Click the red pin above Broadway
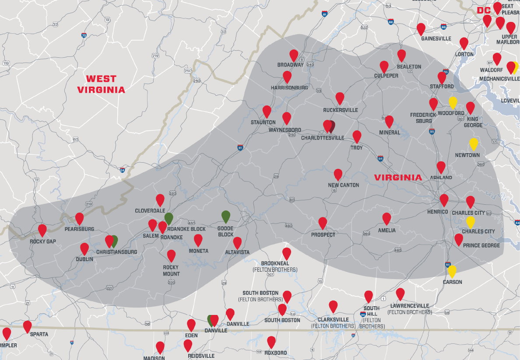point(294,55)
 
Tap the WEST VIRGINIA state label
point(101,84)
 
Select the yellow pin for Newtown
point(473,143)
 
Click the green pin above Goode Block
point(225,216)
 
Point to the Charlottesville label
point(323,138)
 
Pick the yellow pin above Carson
point(452,271)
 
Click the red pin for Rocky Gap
point(42,230)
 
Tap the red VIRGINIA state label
point(398,178)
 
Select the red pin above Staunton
point(267,111)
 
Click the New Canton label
point(344,185)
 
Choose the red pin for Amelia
point(386,218)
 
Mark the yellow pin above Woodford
point(453,102)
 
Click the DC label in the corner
point(484,10)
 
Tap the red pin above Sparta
point(27,326)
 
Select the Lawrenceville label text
point(410,306)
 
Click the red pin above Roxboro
point(271,342)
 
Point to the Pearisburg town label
point(79,229)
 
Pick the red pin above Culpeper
point(384,66)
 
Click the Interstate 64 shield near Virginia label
point(380,158)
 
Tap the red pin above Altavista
point(237,243)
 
